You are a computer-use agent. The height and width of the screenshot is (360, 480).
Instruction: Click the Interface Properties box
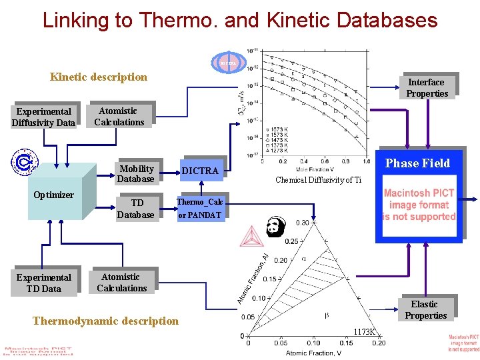pos(427,87)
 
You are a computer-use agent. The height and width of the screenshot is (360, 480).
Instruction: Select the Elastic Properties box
pos(425,310)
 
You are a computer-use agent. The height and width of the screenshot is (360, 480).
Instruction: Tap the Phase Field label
pos(417,163)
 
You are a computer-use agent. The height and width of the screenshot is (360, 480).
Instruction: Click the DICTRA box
pos(200,171)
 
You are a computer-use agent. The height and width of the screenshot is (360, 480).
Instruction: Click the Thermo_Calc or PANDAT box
pos(200,209)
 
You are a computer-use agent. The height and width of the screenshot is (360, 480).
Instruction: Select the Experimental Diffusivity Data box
pos(43,117)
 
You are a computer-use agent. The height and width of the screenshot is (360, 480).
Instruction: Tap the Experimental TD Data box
pos(43,283)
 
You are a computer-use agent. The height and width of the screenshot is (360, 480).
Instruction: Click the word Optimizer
pos(53,195)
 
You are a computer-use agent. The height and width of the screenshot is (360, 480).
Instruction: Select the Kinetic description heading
pos(99,77)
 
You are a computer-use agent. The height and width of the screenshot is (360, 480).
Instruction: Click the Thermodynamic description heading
pos(105,321)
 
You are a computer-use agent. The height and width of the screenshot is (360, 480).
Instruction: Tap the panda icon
pos(275,227)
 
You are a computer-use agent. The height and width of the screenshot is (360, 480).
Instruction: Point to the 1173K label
pos(365,331)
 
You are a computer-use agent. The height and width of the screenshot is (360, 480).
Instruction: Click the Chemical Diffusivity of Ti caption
pos(318,179)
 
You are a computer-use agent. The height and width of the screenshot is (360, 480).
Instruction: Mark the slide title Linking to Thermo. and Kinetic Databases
pos(240,20)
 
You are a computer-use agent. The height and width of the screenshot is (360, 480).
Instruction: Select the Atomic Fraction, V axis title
pos(313,353)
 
